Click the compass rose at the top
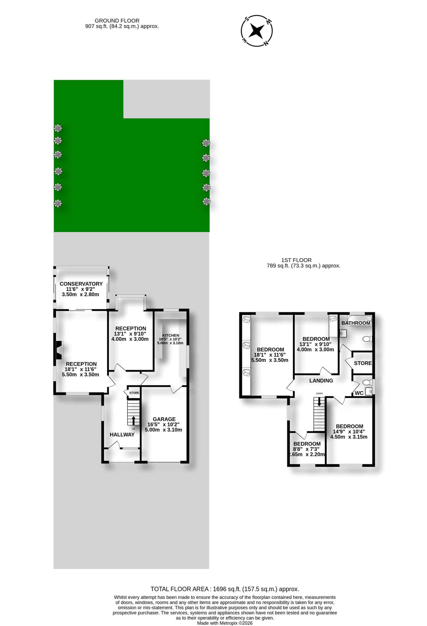[x=256, y=31]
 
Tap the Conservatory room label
[x=81, y=284]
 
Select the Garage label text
[x=164, y=419]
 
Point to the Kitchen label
[x=171, y=335]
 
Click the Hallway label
[x=122, y=434]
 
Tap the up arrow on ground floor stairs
[x=133, y=421]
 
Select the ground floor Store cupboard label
[x=134, y=393]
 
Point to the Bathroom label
[x=356, y=323]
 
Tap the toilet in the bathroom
[x=367, y=339]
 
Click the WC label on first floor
[x=359, y=393]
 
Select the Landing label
[x=321, y=381]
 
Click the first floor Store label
[x=362, y=363]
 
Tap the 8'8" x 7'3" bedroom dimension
[x=306, y=449]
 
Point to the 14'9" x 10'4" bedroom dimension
[x=349, y=431]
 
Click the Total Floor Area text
[x=225, y=589]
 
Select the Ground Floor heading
[x=117, y=21]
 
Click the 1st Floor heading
[x=296, y=260]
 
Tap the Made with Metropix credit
[x=225, y=623]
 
